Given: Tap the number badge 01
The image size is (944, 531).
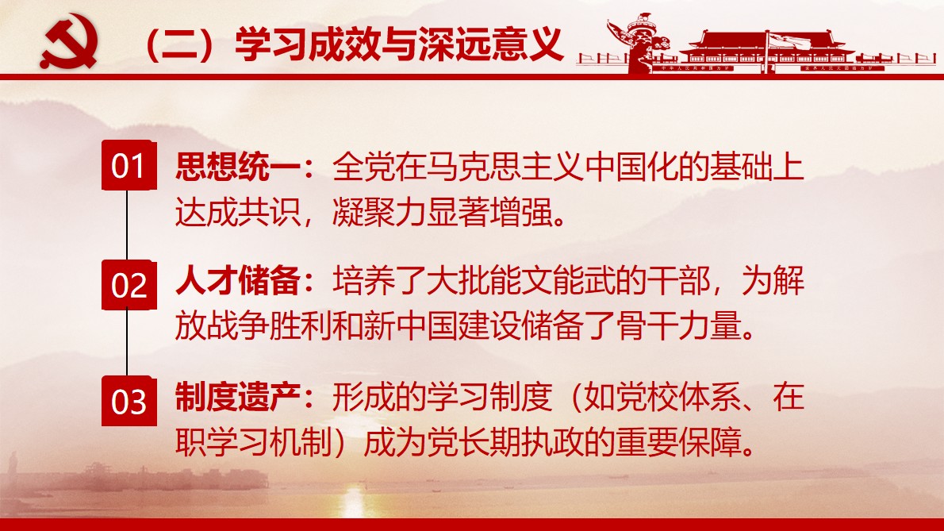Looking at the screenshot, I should (128, 167).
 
